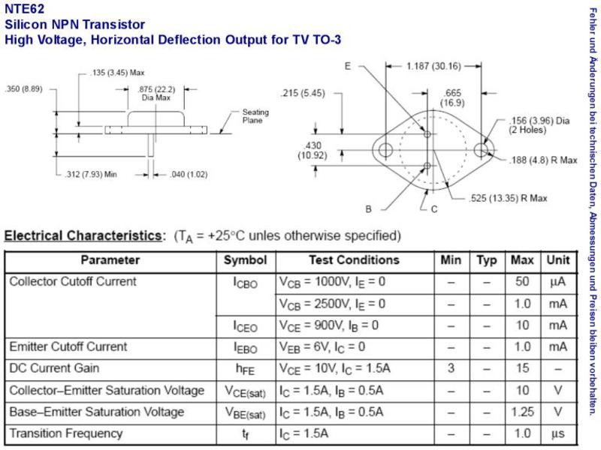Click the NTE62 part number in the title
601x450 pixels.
pyautogui.click(x=25, y=8)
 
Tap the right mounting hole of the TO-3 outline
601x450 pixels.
pyautogui.click(x=481, y=149)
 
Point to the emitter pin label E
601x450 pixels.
pyautogui.click(x=347, y=66)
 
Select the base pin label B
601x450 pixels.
pyautogui.click(x=368, y=209)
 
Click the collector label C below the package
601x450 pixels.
pyautogui.click(x=434, y=209)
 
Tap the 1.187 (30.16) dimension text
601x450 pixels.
pyautogui.click(x=433, y=66)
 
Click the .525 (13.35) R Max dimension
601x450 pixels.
pyautogui.click(x=508, y=198)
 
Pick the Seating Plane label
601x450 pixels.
pyautogui.click(x=255, y=116)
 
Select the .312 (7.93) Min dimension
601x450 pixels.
pyautogui.click(x=91, y=175)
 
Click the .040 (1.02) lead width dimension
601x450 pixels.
pyautogui.click(x=189, y=175)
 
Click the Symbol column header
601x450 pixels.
pyautogui.click(x=246, y=260)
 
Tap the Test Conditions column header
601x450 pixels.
pyautogui.click(x=354, y=260)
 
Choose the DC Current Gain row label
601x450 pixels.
pyautogui.click(x=54, y=368)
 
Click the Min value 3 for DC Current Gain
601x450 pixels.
pyautogui.click(x=451, y=368)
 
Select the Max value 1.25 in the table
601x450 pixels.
pyautogui.click(x=522, y=412)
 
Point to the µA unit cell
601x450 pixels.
pyautogui.click(x=557, y=282)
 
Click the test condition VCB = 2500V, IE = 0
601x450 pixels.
pyautogui.click(x=332, y=304)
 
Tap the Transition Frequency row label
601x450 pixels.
pyautogui.click(x=66, y=433)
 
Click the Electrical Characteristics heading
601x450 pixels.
pyautogui.click(x=83, y=235)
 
